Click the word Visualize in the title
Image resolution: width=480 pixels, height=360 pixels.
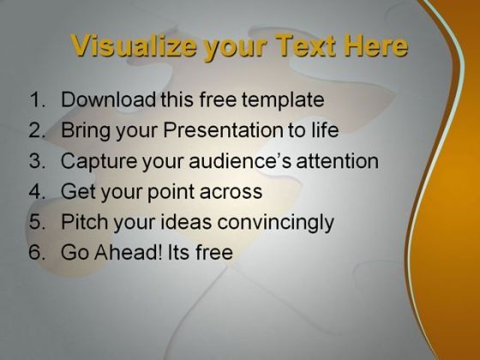(133, 45)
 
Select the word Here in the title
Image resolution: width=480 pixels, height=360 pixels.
(376, 45)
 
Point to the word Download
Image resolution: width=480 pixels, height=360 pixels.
(108, 99)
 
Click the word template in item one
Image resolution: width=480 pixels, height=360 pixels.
(283, 100)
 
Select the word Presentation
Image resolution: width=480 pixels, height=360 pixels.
(223, 129)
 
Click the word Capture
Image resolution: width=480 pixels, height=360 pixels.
(99, 161)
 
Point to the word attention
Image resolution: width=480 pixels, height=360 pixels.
(338, 160)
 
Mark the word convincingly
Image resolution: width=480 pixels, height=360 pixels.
(275, 223)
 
